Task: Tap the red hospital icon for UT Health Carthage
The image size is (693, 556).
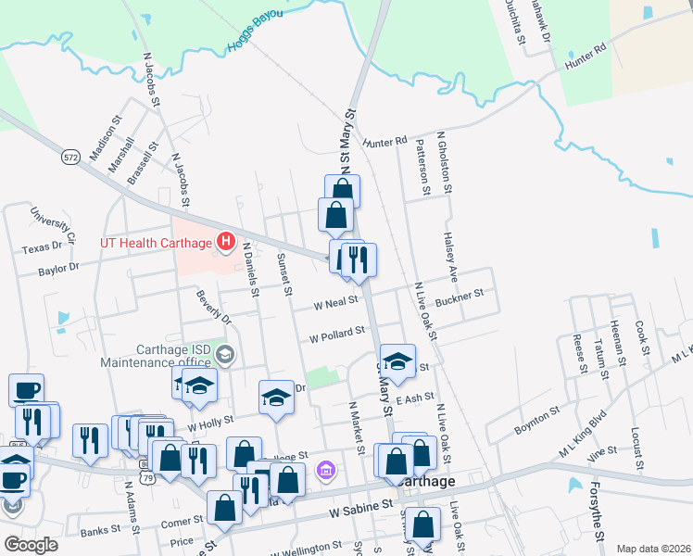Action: click(x=225, y=243)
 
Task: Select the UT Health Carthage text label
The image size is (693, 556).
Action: click(x=156, y=243)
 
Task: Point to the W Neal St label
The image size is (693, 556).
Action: click(x=335, y=303)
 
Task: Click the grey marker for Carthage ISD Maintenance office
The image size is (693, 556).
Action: click(x=225, y=354)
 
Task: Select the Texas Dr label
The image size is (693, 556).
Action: click(x=48, y=247)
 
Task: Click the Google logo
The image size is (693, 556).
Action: click(x=31, y=544)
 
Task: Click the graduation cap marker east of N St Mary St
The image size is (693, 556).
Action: click(x=397, y=362)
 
